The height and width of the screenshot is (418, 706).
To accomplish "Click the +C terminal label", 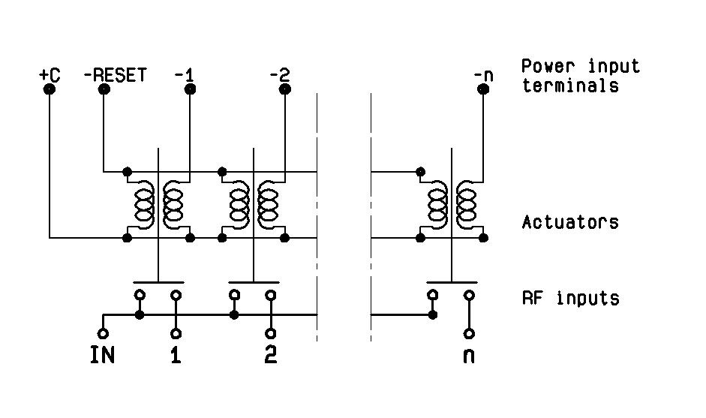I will click(50, 75).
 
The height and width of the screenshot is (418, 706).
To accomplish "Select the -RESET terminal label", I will click(115, 75).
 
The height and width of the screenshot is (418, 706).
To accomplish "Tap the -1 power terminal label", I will click(184, 75).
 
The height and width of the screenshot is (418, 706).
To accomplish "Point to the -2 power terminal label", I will click(279, 75).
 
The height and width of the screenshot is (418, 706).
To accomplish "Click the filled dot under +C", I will click(50, 89).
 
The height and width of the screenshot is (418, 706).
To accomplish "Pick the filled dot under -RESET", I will click(104, 89).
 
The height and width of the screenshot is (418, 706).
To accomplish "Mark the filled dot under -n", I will click(484, 89).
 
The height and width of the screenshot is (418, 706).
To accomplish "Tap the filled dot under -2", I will click(284, 89).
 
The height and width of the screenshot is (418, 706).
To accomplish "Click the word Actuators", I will click(570, 223).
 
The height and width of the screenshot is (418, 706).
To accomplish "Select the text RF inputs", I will click(570, 299).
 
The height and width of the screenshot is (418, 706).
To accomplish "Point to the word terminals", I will click(570, 86).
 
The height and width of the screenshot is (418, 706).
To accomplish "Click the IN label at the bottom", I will click(103, 355).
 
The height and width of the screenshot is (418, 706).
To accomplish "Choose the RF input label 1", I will click(176, 355).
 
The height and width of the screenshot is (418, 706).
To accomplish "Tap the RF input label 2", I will click(270, 355).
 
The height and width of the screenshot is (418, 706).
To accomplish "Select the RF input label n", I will click(469, 355).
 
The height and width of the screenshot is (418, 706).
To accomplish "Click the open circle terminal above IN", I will click(103, 333).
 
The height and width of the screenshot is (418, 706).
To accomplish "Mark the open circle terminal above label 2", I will click(270, 333).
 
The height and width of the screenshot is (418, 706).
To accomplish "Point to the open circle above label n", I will click(469, 333).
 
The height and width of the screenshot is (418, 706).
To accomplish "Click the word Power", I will click(545, 66).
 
